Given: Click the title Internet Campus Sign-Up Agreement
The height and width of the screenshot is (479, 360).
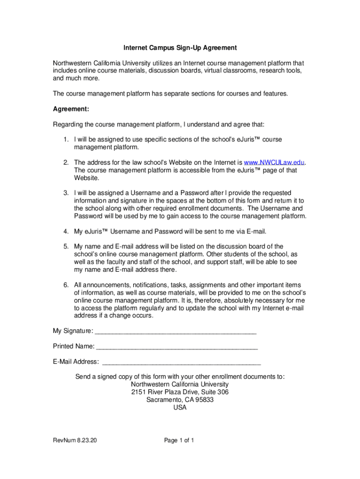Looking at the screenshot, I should coord(180,48).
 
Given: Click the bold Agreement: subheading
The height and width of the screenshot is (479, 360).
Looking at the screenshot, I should coord(71,109).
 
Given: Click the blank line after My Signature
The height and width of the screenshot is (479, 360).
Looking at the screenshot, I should coord(175,332).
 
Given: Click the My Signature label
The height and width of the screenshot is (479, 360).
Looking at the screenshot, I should coord(72,331).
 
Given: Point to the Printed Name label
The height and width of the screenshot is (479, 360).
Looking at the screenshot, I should coord(73,347).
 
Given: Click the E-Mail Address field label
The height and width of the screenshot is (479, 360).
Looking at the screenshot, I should coord(76,362).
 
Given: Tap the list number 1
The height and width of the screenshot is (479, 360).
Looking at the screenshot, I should coord(67,139).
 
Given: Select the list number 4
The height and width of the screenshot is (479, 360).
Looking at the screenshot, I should coord(67,232).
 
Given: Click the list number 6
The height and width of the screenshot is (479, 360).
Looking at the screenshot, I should coord(67,285).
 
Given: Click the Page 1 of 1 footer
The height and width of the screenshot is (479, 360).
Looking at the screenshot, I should coord(179,440).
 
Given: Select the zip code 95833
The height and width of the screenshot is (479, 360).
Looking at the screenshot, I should coord(204,400).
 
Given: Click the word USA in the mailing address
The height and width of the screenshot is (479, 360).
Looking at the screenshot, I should coord(180,407).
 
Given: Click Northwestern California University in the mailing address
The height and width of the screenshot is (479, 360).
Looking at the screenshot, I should coord(180,385).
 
